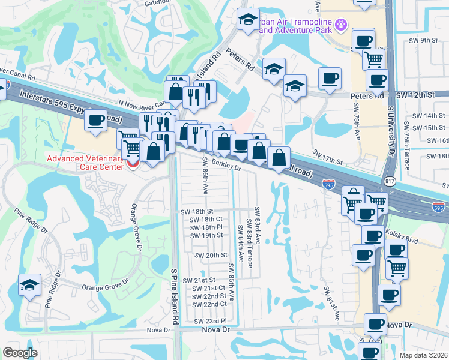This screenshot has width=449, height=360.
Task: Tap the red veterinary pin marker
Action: click(133, 163)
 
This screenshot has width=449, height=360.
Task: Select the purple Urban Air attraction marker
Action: click(341, 25)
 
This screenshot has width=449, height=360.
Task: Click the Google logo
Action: click(20, 352)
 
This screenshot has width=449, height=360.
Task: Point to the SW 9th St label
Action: click(427, 40)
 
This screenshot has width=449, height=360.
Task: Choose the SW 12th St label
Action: click(415, 95)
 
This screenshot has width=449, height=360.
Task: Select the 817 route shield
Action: click(390, 181)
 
